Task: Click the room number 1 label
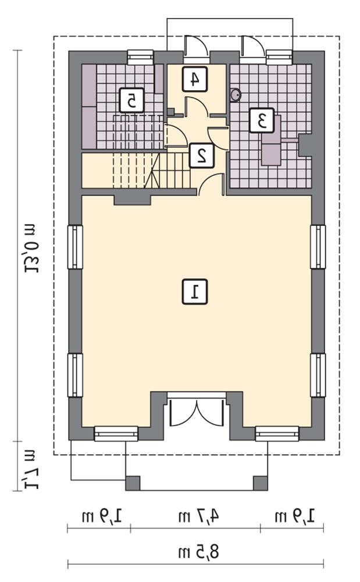(x=195, y=292)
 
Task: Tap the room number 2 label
(x=202, y=155)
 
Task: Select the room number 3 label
(x=262, y=120)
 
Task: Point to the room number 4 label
(x=195, y=79)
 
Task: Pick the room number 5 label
(x=131, y=100)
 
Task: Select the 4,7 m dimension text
(x=199, y=516)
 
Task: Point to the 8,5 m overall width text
(x=199, y=552)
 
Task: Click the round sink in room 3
(x=236, y=95)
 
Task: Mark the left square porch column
(x=133, y=483)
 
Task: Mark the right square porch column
(x=261, y=483)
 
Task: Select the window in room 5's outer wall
(x=141, y=57)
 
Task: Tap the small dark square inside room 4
(x=170, y=112)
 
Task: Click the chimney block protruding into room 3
(x=305, y=145)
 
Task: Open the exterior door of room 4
(x=197, y=49)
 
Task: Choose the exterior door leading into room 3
(x=252, y=49)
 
